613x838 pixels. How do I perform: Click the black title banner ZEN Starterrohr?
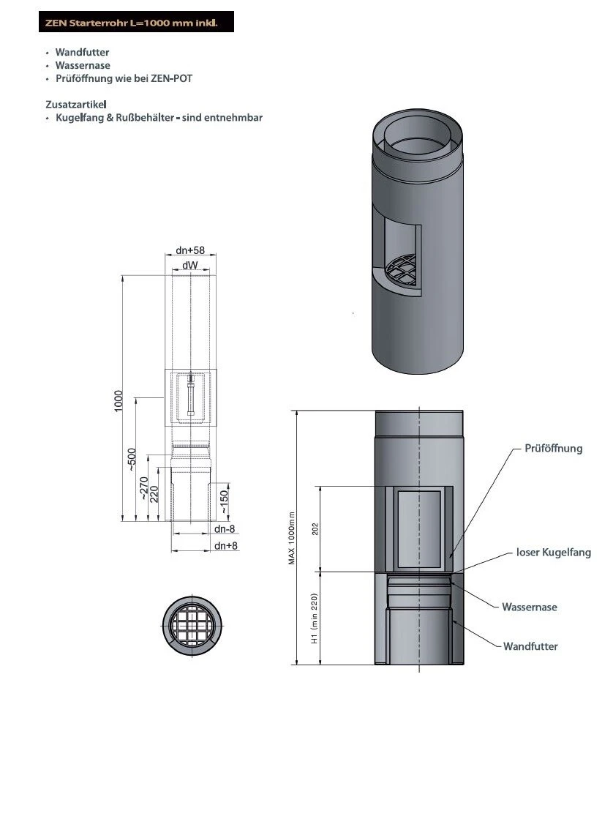(136, 22)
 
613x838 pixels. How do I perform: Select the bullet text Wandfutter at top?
(82, 53)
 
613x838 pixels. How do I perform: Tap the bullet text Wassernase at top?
(83, 66)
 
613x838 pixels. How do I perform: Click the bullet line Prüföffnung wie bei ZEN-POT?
(124, 78)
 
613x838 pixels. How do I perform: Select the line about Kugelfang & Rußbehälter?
(159, 118)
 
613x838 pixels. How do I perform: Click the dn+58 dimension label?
(190, 250)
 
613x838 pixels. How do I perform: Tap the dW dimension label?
(190, 263)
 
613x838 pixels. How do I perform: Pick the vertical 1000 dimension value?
(119, 400)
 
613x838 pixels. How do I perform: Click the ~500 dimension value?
(133, 460)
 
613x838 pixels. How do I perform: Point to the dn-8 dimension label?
(224, 528)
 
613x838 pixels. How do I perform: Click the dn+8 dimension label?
(226, 546)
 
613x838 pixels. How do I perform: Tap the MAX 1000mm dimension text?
(291, 537)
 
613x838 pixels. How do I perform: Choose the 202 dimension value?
(315, 528)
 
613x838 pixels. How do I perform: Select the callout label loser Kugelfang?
(553, 553)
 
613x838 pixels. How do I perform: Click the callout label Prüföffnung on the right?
(553, 448)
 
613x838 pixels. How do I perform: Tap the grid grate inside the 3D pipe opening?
(401, 271)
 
